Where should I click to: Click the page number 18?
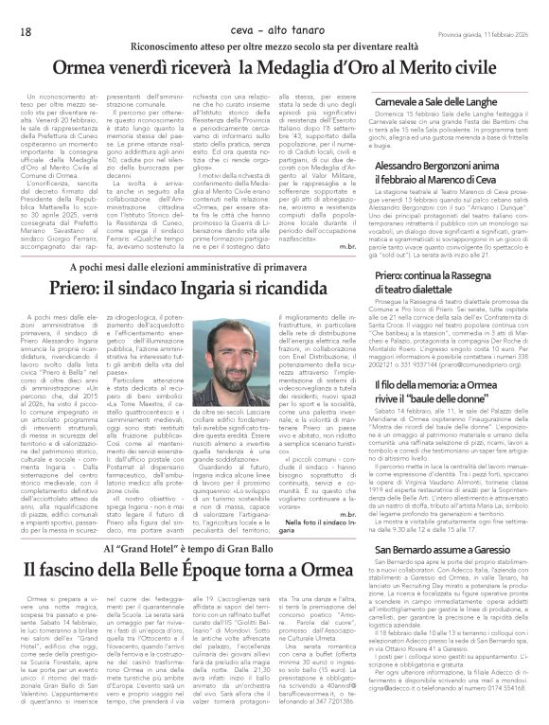tap(25, 9)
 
